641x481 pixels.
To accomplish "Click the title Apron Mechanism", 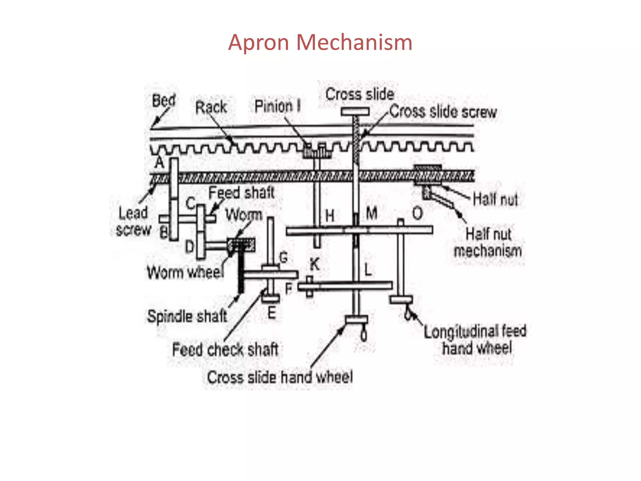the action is (x=320, y=42).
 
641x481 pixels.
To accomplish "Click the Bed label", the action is (x=164, y=101).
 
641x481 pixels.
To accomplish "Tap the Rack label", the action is (x=211, y=107).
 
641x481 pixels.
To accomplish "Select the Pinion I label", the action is (x=278, y=106).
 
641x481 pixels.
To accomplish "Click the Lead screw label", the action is (x=133, y=221).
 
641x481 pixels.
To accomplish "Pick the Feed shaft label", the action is (x=242, y=192).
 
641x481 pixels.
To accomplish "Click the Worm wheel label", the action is (x=186, y=272).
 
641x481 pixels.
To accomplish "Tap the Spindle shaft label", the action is (x=187, y=316).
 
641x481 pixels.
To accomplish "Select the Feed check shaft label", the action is (x=225, y=349).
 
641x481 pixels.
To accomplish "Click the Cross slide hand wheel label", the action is (x=280, y=377).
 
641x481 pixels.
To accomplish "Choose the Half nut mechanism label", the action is (x=488, y=243).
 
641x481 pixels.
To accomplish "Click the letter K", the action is (x=315, y=265).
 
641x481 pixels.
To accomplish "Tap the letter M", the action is (x=372, y=214).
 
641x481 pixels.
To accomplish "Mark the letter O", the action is (x=418, y=214).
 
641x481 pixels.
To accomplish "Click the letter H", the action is (x=330, y=216).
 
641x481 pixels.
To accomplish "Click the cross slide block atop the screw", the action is (x=355, y=111).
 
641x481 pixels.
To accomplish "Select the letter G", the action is (x=283, y=258).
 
